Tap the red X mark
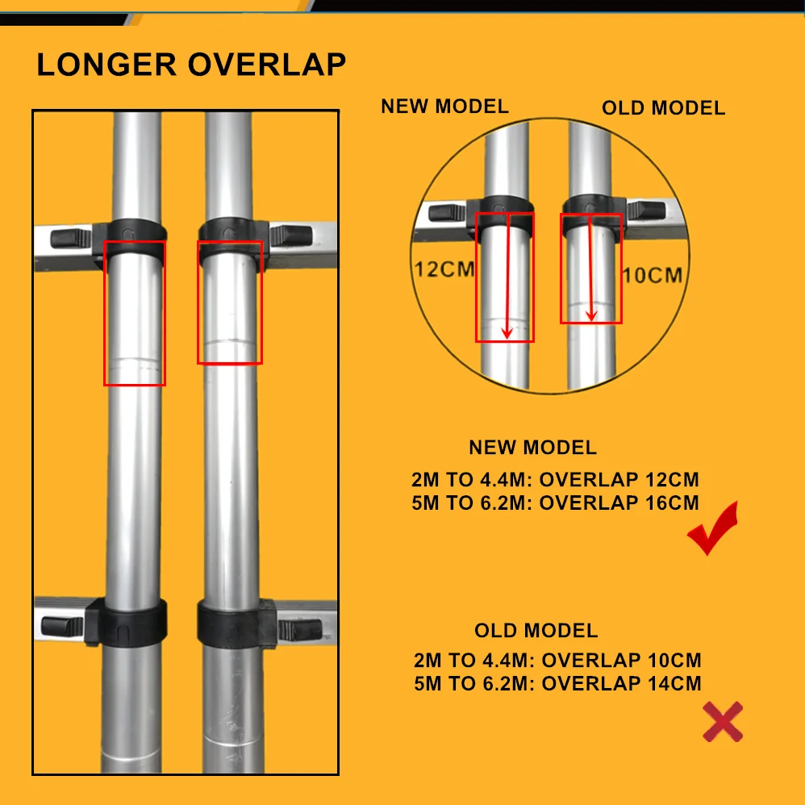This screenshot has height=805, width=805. [x=722, y=721]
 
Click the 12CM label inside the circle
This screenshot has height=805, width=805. [x=444, y=269]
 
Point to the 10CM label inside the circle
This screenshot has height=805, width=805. [x=652, y=275]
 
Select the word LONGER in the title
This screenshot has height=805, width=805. [x=107, y=65]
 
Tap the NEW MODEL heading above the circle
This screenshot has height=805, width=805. [x=444, y=106]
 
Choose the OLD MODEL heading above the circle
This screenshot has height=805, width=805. [x=663, y=108]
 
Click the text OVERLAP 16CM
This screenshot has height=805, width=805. [x=619, y=503]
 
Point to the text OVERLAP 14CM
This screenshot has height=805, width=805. [x=621, y=683]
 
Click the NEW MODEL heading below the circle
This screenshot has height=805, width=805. [x=532, y=448]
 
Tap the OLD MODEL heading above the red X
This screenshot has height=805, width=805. [x=536, y=631]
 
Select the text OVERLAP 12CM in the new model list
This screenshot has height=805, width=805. [x=619, y=480]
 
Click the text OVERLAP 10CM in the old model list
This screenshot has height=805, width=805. [x=621, y=661]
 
